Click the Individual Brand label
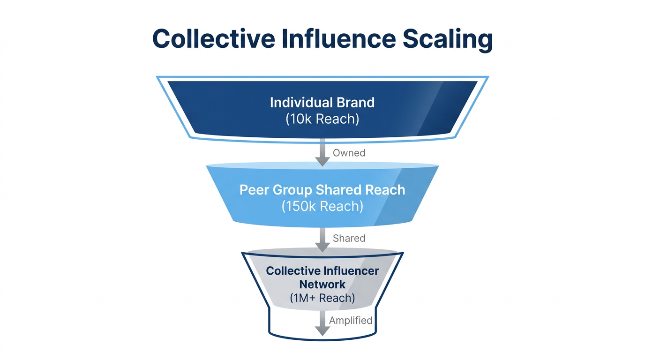point(322,103)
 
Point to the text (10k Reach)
point(322,119)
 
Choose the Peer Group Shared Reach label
point(322,190)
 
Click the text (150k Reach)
point(322,206)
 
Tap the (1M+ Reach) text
point(322,298)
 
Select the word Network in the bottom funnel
point(322,284)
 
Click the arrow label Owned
point(349,153)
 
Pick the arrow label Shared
point(349,238)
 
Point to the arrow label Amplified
point(351,321)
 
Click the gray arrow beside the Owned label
point(322,152)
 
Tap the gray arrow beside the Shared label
point(322,239)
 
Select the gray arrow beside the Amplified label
point(322,322)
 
